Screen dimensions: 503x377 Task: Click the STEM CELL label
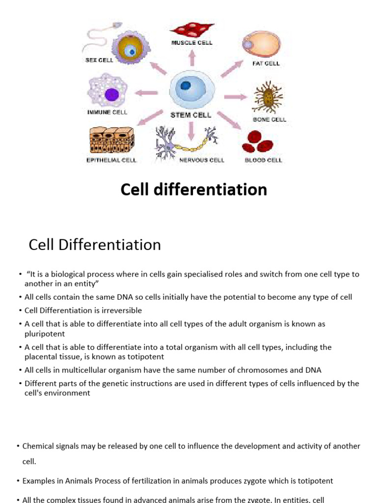point(191,115)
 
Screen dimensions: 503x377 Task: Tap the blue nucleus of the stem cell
point(186,85)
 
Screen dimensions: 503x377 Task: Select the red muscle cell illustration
point(192,29)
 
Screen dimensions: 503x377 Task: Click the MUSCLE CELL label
point(191,43)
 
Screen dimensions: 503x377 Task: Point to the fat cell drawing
point(261,45)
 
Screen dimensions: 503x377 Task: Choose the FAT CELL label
point(266,63)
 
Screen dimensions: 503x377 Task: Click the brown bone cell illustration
point(268,97)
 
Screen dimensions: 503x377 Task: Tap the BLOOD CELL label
point(264,160)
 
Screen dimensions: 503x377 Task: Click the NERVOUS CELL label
point(202,160)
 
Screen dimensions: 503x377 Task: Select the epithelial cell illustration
point(111,140)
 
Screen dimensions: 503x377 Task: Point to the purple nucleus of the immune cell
point(112,95)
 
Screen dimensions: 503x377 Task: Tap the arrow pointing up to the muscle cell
point(192,58)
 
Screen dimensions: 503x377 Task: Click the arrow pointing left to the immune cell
point(146,92)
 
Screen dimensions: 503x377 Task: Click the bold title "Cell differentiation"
point(194,190)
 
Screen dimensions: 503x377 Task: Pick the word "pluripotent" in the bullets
point(45,334)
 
